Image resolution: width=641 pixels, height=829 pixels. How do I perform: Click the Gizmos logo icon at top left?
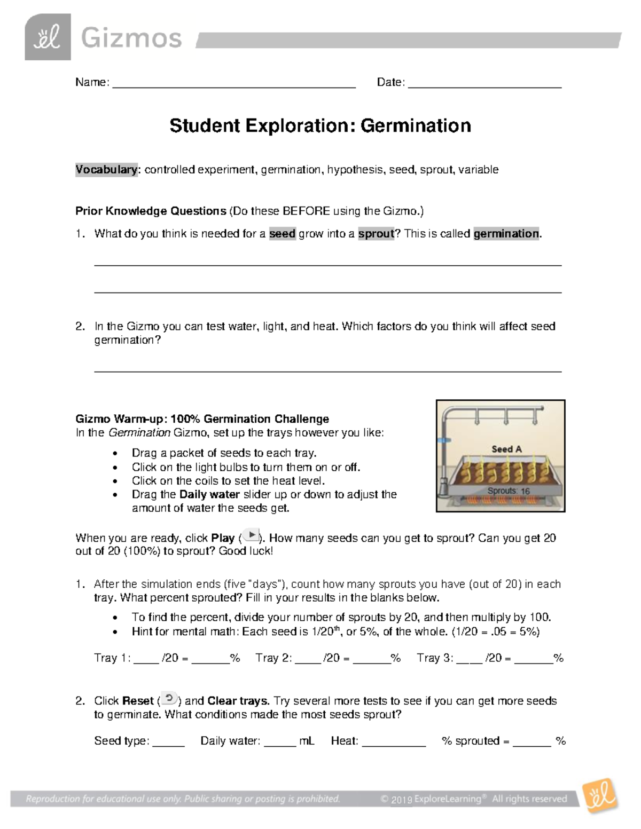point(48,37)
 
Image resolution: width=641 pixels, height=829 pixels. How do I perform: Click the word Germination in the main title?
point(416,126)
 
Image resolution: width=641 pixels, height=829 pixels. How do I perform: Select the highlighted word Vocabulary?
point(106,170)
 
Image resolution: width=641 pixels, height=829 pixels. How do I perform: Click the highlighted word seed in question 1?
point(282,234)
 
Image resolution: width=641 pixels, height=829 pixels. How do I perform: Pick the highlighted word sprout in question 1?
point(376,234)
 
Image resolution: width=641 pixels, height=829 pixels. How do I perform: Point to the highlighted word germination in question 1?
point(506,234)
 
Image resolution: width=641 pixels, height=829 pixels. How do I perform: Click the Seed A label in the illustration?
point(506,449)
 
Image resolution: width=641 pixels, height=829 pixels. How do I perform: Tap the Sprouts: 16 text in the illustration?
point(508,491)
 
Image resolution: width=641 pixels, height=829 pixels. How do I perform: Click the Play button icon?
point(251,536)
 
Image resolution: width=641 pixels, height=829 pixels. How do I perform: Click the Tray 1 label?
point(111,658)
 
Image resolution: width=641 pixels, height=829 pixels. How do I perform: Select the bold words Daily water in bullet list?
point(210,494)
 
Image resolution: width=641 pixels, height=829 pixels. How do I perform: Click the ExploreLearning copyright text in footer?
point(473,799)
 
